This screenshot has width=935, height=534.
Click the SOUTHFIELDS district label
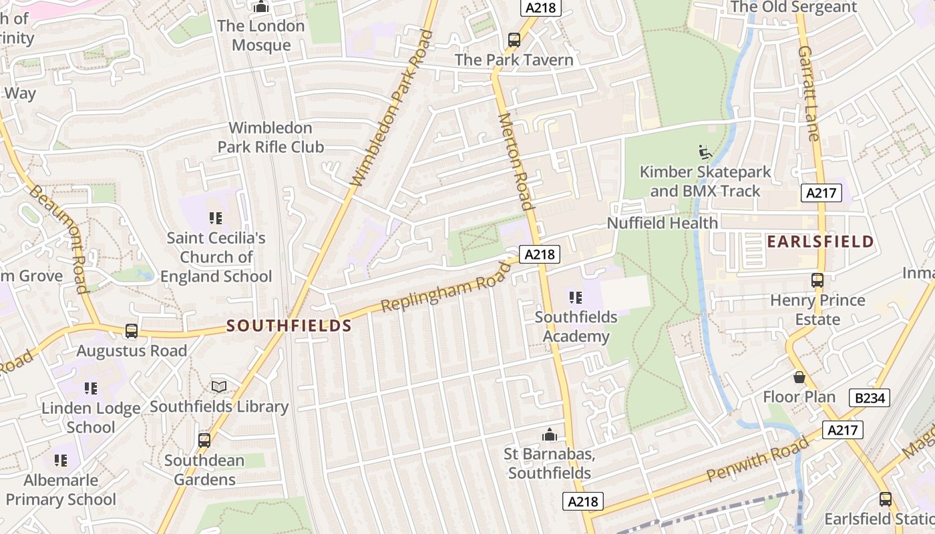pos(289,326)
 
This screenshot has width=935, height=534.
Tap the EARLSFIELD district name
pos(820,242)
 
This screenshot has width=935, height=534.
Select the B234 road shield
pos(870,398)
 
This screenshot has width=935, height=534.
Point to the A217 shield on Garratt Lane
pos(821,193)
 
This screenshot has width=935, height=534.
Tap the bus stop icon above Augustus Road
pos(132,330)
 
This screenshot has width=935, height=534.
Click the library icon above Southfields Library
pos(219,386)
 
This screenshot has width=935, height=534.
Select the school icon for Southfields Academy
pos(575,297)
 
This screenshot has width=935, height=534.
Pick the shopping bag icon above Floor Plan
pos(799,377)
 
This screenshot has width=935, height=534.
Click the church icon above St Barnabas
pos(550,435)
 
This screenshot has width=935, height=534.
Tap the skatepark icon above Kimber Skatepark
pos(705,152)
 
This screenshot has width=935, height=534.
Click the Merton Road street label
pos(516,162)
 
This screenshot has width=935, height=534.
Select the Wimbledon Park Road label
pos(388,108)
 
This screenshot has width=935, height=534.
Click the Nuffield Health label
pos(662,223)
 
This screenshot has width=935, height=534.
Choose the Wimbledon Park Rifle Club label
pos(270,137)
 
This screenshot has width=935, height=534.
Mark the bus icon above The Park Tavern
pos(514,40)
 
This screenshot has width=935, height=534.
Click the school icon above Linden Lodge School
pos(91,388)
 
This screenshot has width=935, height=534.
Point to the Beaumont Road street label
pos(59,238)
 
